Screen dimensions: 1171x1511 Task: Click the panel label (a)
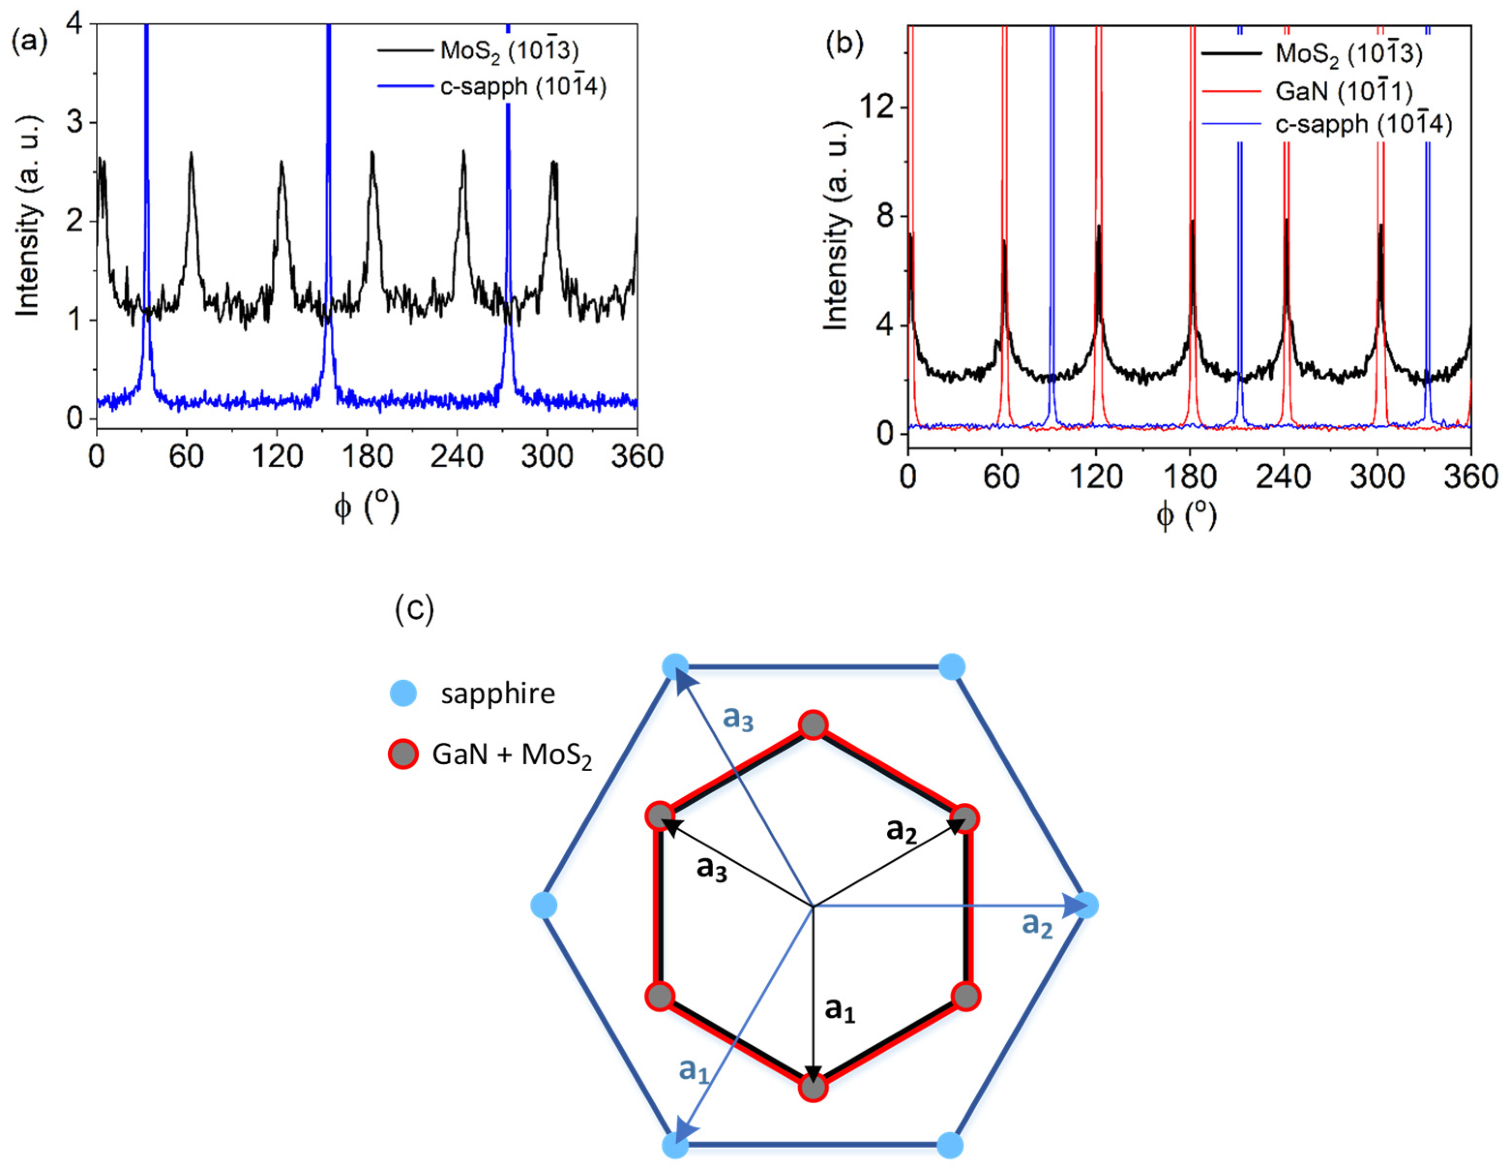(29, 43)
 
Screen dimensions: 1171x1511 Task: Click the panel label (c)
(414, 609)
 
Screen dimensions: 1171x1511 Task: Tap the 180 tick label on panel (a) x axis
(367, 457)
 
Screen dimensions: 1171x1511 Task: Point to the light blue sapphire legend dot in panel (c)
(403, 694)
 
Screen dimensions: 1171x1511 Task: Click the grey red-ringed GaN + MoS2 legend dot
(403, 754)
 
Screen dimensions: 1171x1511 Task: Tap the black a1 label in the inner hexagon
(839, 1010)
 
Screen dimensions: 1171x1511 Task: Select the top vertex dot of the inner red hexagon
(813, 726)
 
